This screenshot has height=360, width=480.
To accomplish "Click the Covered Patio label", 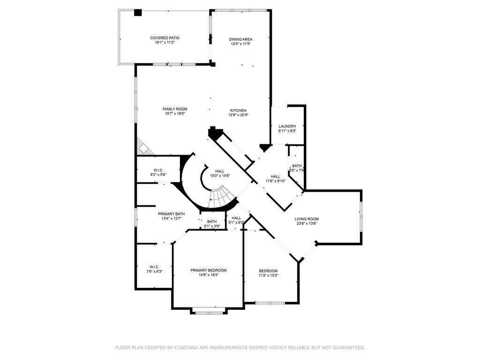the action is [165, 38].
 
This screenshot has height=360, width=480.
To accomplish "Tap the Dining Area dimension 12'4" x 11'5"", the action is [241, 44].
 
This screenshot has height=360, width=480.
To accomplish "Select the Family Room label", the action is [175, 109].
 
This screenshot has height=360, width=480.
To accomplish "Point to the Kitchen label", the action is [238, 111].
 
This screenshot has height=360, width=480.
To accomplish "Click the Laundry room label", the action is [287, 126].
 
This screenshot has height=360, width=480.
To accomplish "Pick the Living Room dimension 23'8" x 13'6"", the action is [307, 224].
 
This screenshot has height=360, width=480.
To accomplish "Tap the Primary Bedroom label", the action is [209, 270].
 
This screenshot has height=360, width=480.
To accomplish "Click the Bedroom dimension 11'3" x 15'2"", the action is [268, 275].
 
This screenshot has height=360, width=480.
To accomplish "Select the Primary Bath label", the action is [171, 214].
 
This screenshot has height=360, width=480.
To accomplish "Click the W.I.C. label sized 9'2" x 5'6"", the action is [158, 170].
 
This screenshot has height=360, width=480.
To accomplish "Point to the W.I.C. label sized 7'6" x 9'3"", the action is [154, 267].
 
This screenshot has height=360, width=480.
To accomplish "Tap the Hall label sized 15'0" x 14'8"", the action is [219, 171].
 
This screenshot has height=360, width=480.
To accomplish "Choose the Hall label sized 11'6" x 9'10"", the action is [276, 176].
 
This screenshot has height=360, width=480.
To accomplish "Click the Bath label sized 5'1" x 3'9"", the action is [212, 222].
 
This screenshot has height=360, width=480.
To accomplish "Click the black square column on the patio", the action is [138, 13].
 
